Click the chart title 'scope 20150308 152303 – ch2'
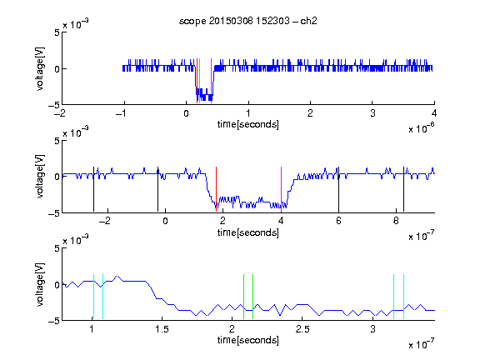(x=248, y=21)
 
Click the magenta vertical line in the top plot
(x=211, y=81)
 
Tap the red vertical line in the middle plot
(x=216, y=189)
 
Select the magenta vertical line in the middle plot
(x=281, y=189)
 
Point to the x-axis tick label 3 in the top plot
(x=372, y=113)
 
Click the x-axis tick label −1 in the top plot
(x=122, y=113)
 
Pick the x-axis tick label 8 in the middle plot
(x=396, y=220)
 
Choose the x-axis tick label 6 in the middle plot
(x=338, y=220)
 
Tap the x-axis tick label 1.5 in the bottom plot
(x=162, y=329)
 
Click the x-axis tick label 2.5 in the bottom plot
(x=302, y=329)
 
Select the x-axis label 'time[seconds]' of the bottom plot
(x=248, y=340)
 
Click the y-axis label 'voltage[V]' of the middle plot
(x=40, y=177)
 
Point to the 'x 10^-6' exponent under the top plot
(x=422, y=128)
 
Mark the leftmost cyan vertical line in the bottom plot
(x=93, y=297)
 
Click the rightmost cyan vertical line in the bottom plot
(x=403, y=297)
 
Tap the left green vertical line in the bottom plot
(x=243, y=297)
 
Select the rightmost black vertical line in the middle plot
(x=403, y=189)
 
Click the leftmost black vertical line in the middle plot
(x=93, y=189)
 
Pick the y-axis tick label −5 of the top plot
(x=54, y=105)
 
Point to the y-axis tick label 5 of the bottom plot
(x=57, y=248)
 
